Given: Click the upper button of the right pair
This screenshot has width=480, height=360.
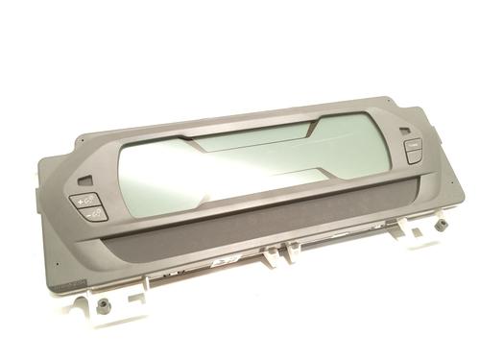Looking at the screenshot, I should point(411,144).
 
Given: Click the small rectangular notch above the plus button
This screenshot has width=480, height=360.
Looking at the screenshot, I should point(88,180).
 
